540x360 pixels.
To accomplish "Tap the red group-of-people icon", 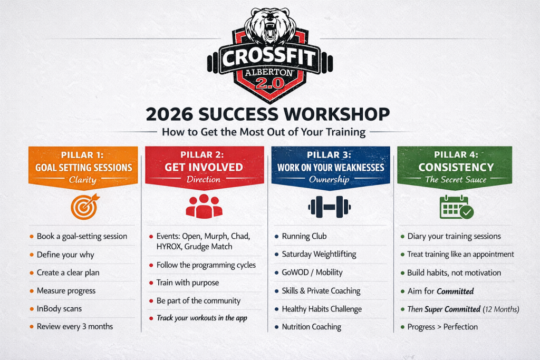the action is click(204, 206).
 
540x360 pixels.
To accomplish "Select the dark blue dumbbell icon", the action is click(329, 207).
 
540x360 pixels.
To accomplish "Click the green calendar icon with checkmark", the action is click(456, 207).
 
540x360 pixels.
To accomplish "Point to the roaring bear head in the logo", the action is click(270, 26).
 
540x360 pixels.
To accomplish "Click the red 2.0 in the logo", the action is click(269, 83).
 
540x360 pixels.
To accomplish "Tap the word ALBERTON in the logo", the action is click(269, 72).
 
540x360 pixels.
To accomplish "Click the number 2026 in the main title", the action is click(169, 114).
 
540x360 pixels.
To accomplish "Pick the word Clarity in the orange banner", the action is click(83, 180).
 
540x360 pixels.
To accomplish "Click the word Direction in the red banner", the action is click(203, 179).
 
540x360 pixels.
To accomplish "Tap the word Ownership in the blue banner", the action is click(329, 179).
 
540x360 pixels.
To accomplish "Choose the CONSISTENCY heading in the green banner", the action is click(456, 167).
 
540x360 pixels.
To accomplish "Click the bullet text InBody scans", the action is click(59, 308).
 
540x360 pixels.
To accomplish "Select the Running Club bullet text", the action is click(304, 236).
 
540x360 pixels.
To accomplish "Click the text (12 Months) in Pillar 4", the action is click(501, 309).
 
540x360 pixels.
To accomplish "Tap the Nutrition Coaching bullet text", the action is click(311, 327).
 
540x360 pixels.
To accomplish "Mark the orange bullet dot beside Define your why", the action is click(32, 255).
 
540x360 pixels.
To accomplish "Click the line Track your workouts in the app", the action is click(202, 318).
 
